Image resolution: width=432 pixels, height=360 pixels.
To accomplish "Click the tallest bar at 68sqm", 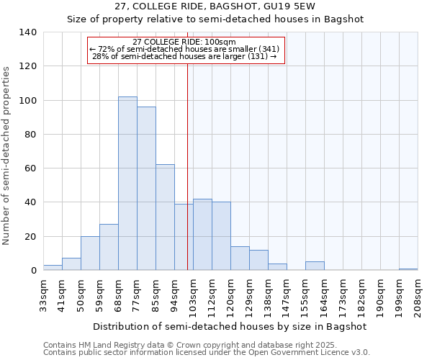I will pyautogui.click(x=127, y=184).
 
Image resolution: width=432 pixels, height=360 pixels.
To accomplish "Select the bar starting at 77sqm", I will pyautogui.click(x=146, y=189).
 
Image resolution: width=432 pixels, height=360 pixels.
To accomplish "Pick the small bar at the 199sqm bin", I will pyautogui.click(x=408, y=269).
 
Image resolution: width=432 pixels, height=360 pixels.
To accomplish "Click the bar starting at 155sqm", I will pyautogui.click(x=315, y=266).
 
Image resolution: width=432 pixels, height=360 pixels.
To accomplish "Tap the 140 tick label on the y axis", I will pyautogui.click(x=27, y=32).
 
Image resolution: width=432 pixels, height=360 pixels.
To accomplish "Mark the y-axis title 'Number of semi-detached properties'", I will pyautogui.click(x=7, y=156).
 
